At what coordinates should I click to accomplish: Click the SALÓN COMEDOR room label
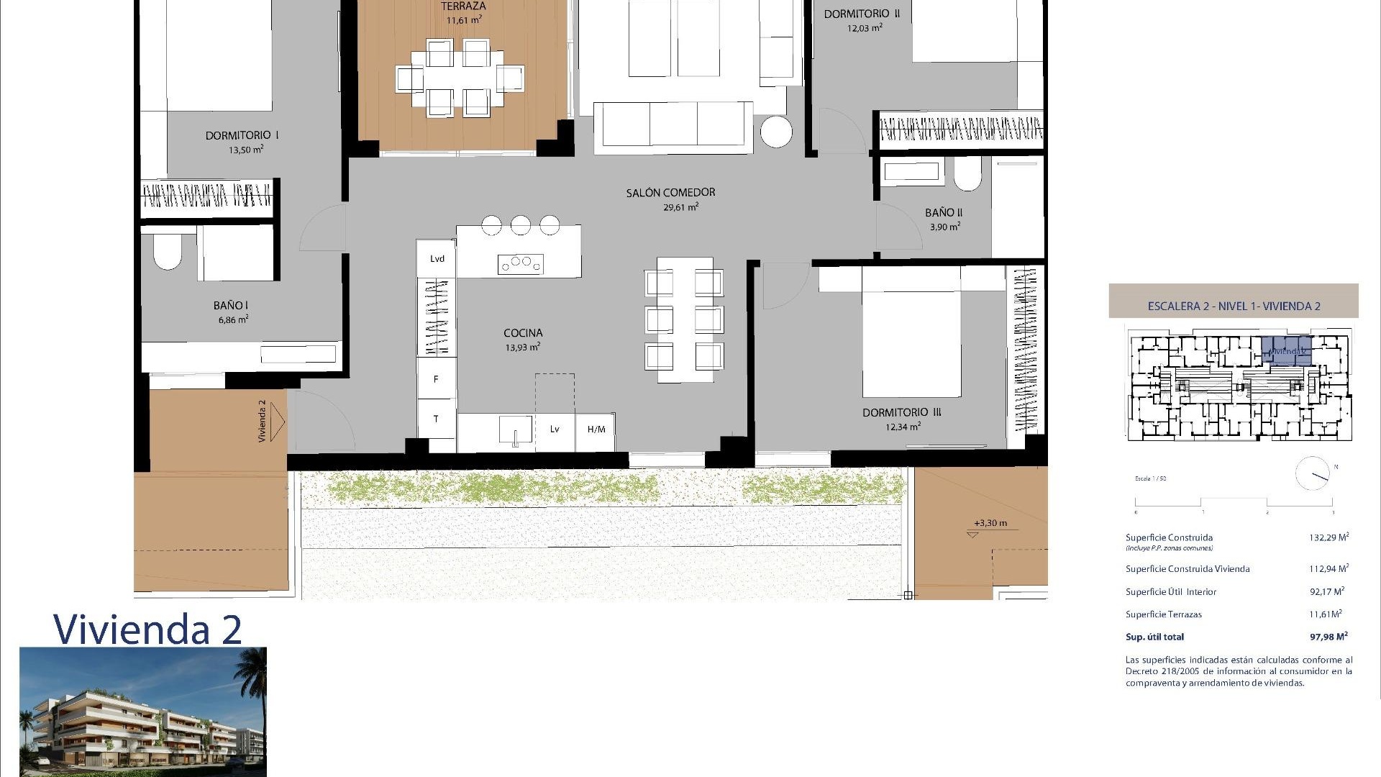(x=670, y=192)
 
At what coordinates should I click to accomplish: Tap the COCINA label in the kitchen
(x=523, y=332)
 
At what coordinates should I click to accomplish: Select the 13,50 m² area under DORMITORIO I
(x=246, y=150)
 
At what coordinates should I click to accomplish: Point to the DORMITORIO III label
(x=902, y=412)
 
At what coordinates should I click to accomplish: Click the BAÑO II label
(x=944, y=212)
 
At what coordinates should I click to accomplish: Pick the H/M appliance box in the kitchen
(x=596, y=430)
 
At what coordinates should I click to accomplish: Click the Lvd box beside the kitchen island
(x=437, y=259)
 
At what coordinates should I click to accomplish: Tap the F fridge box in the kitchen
(x=436, y=379)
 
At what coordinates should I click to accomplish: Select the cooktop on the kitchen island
(x=520, y=264)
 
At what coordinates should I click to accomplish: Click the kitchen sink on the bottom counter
(x=516, y=430)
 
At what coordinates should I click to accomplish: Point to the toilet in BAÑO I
(x=167, y=253)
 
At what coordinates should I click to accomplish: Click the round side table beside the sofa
(x=776, y=132)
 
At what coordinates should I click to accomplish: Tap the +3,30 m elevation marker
(x=990, y=523)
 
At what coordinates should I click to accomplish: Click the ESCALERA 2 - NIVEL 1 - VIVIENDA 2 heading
(x=1234, y=306)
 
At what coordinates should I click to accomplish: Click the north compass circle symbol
(x=1312, y=474)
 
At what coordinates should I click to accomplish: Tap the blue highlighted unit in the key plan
(x=1287, y=350)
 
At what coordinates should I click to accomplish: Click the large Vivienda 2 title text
(x=147, y=629)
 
